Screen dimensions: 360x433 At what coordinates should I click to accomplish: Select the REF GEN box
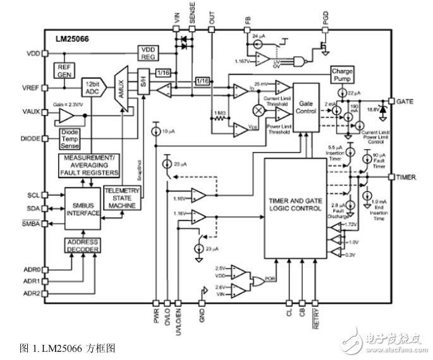(65, 70)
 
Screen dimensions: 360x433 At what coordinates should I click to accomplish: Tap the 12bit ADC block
(92, 87)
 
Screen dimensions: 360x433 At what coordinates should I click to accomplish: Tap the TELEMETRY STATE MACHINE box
(121, 198)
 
